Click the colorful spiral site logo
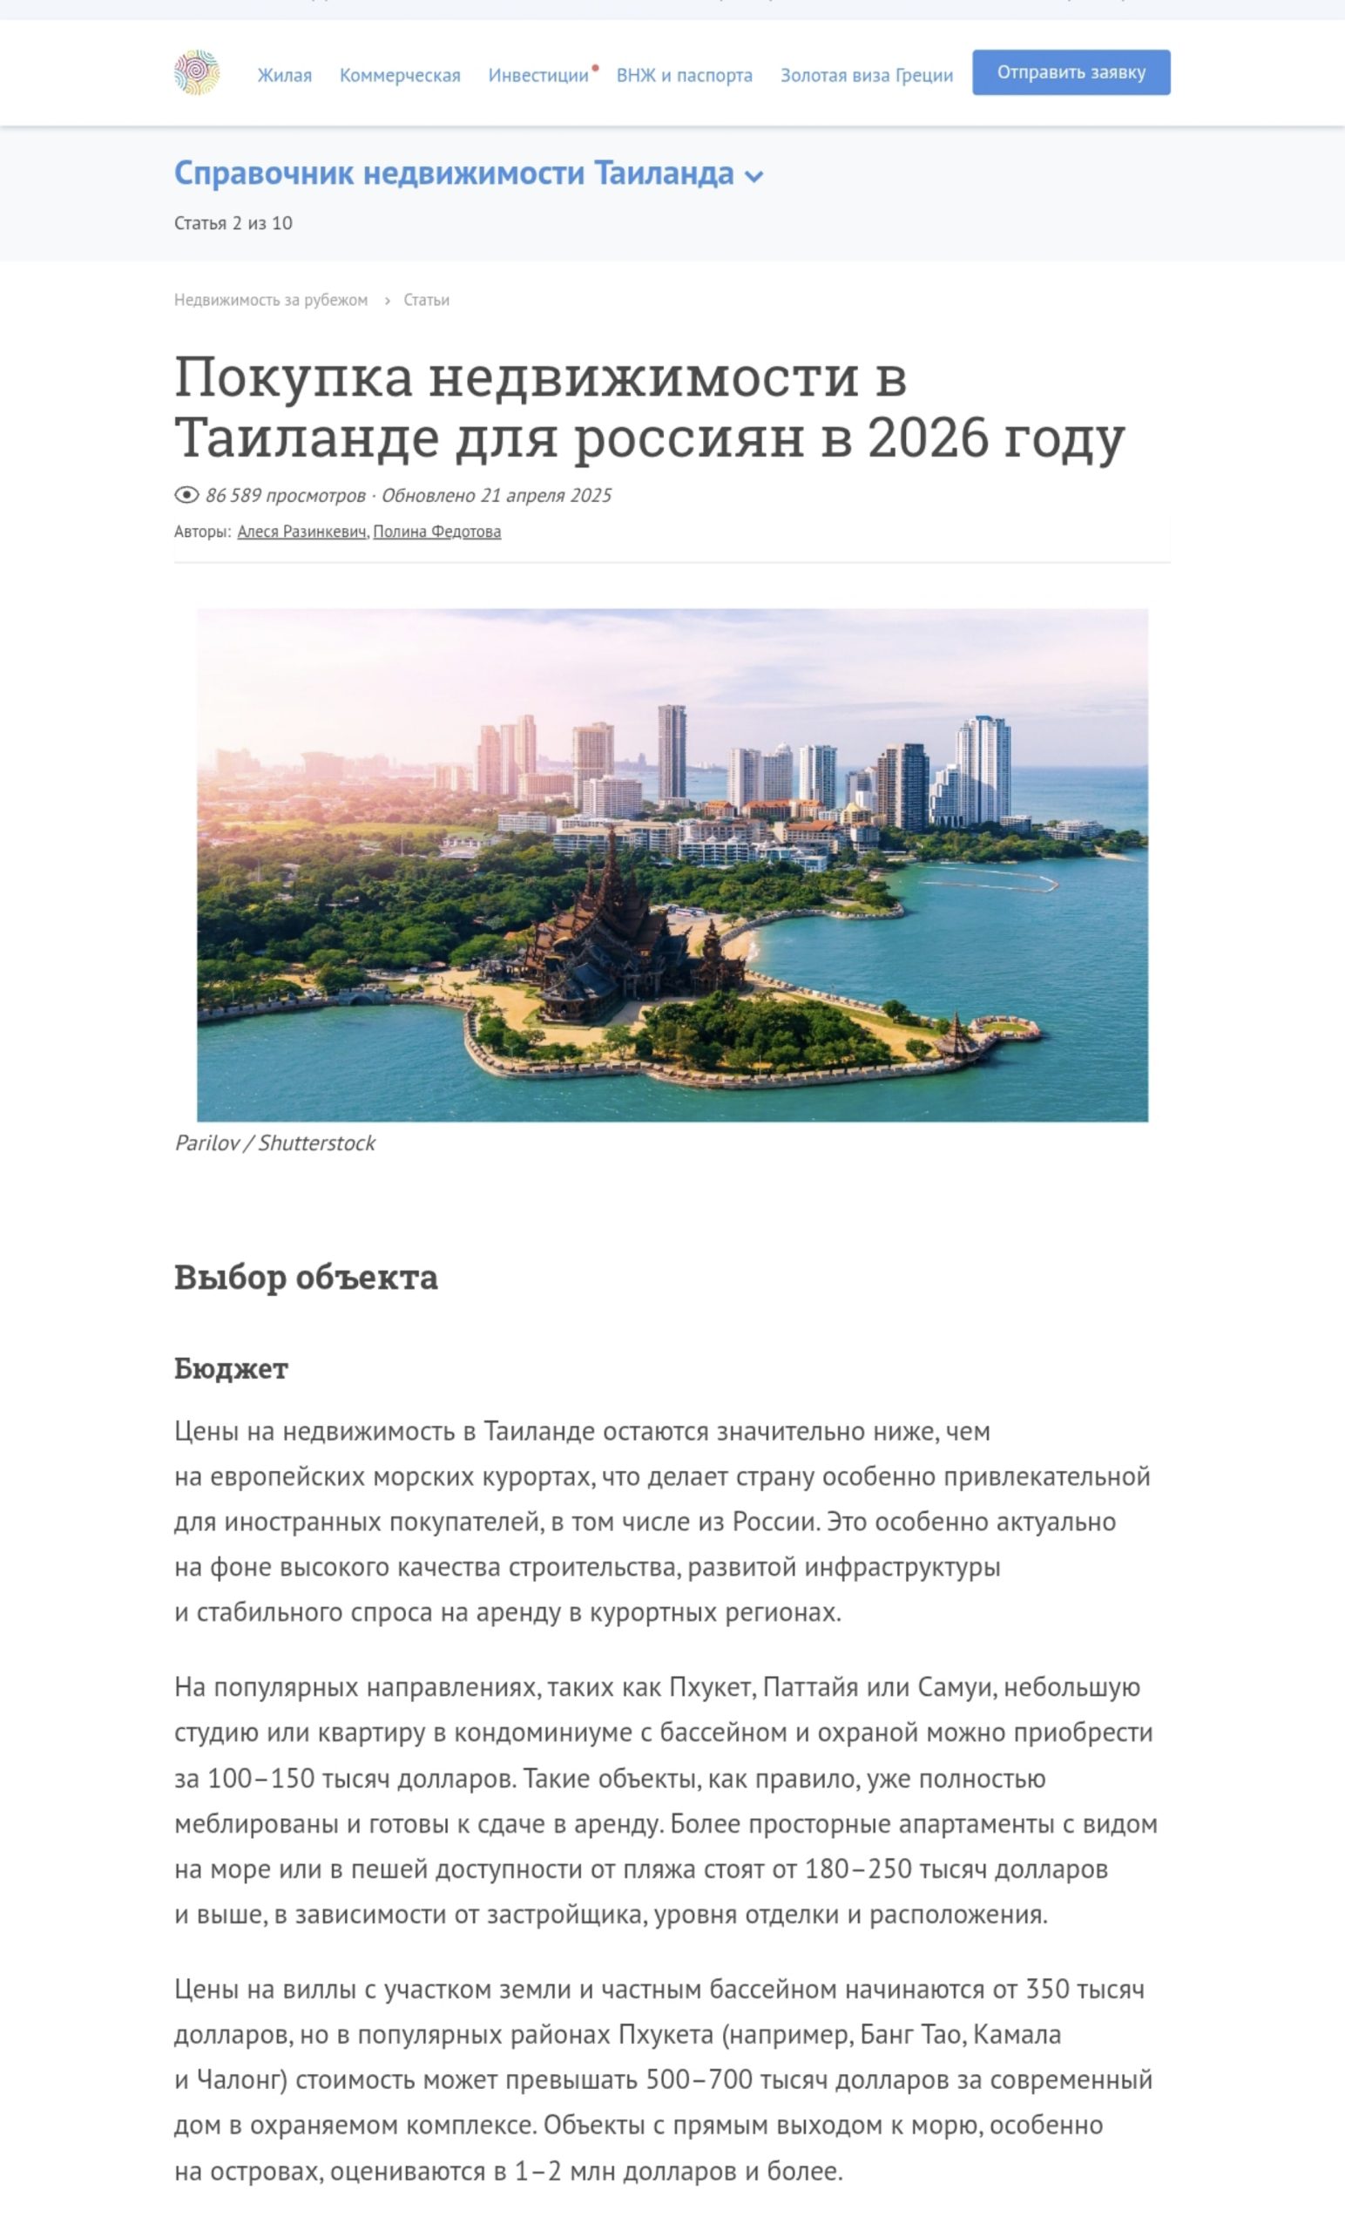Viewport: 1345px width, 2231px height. click(196, 73)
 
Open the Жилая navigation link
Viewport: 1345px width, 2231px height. click(284, 75)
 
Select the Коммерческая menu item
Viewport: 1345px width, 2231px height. click(399, 75)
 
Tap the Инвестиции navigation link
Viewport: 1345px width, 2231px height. click(537, 75)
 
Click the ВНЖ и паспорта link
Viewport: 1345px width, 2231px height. click(685, 75)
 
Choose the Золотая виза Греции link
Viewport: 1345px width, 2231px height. click(866, 75)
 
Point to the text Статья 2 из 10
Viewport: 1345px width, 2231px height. click(233, 224)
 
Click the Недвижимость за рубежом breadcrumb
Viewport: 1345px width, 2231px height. click(271, 300)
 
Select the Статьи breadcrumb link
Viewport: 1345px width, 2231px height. click(426, 300)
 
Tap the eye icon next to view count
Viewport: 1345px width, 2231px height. click(186, 494)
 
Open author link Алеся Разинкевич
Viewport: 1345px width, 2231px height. click(301, 532)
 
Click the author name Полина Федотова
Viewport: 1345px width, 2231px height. click(436, 532)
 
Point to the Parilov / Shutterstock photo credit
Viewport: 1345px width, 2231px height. click(274, 1143)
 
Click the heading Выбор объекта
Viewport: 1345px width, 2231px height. click(306, 1277)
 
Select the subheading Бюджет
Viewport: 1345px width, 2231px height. click(231, 1368)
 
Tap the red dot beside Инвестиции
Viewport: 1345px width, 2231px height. click(596, 68)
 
